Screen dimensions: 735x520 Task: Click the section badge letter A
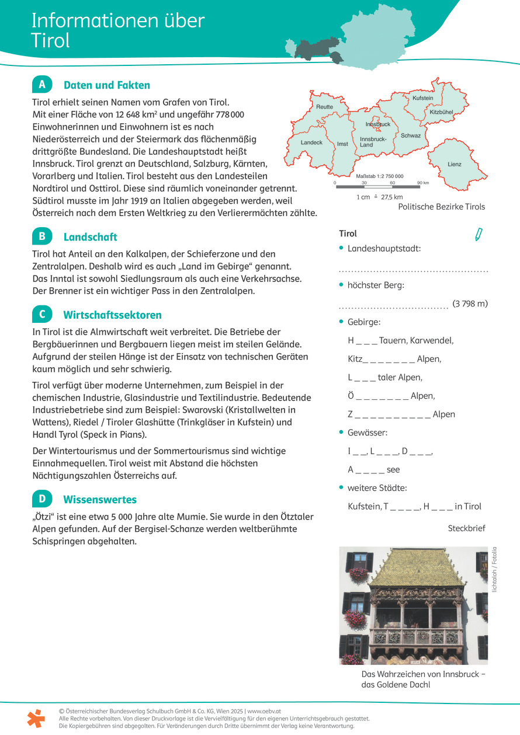pos(42,85)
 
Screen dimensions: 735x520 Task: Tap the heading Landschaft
pos(90,237)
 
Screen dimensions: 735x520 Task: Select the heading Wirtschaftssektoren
pos(112,315)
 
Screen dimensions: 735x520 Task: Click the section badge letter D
pos(42,499)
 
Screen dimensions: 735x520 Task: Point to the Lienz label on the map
pos(454,164)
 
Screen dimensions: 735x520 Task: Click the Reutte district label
pos(324,107)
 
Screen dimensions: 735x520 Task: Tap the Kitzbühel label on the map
pos(441,112)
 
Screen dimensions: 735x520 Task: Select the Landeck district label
pos(311,142)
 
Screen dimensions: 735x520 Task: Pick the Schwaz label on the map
pos(411,135)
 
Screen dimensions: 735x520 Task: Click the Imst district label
pos(342,144)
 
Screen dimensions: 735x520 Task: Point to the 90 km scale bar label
pos(422,183)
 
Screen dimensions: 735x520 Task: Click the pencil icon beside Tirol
pos(479,235)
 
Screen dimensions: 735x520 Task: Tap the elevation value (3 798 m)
pos(470,304)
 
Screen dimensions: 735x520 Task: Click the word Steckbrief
pos(466,528)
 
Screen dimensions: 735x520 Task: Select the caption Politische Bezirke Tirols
pos(441,207)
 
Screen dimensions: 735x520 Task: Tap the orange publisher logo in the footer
pos(36,718)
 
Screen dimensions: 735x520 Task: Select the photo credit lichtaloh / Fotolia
pos(494,569)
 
